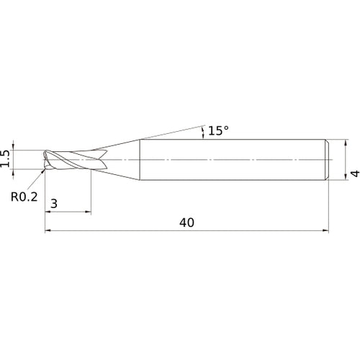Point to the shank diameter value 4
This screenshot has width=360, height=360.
pyautogui.click(x=354, y=173)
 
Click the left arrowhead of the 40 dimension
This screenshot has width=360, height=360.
pyautogui.click(x=48, y=231)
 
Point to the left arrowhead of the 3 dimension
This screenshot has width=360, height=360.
pyautogui.click(x=48, y=212)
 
